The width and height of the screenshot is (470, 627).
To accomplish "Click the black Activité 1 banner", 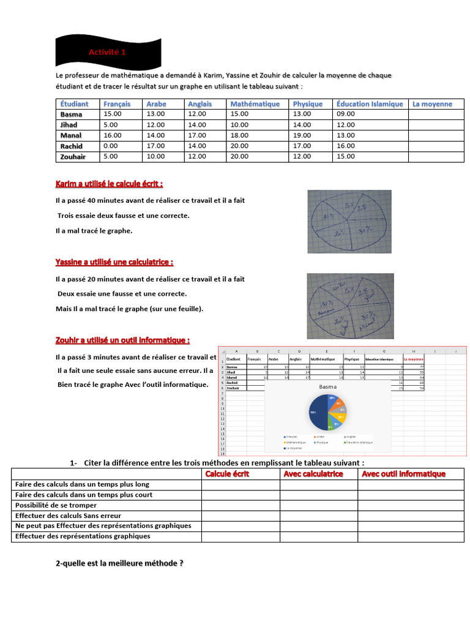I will [108, 53].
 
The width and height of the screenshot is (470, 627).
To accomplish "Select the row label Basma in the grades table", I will [71, 115].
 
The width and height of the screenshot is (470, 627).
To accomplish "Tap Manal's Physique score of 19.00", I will [302, 135].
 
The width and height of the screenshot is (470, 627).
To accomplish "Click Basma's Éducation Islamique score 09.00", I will [345, 115].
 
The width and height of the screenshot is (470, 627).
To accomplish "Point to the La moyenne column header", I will [432, 104].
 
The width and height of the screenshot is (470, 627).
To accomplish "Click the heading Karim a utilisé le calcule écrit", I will [109, 184].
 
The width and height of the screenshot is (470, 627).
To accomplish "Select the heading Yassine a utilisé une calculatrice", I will [114, 262].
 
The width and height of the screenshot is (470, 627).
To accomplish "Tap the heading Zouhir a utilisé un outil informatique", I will [122, 340].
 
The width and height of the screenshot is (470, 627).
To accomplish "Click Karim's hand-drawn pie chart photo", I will [349, 221].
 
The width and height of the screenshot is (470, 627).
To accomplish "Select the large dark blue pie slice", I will [318, 413].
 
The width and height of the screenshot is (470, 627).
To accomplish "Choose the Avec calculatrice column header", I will [313, 474].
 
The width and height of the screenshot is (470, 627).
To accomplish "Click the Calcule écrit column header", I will [228, 474].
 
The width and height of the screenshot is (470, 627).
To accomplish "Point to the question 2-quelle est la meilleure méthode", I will [119, 564].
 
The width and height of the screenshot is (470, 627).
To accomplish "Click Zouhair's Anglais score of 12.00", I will [197, 156].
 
